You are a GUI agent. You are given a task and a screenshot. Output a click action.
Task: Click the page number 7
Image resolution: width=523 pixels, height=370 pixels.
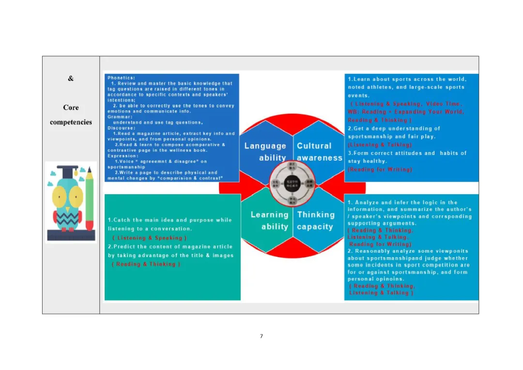tap(261, 336)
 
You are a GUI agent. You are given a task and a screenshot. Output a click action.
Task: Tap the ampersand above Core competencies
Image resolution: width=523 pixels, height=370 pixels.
tap(71, 78)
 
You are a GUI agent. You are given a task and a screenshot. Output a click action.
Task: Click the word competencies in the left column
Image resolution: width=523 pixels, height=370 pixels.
tap(71, 122)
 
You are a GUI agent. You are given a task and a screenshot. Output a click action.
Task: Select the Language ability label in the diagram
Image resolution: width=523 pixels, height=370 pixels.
tap(265, 152)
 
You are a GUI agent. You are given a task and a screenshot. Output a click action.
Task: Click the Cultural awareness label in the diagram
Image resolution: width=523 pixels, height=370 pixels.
tap(319, 152)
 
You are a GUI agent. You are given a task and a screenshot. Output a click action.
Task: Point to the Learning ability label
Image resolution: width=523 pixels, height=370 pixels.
tap(269, 220)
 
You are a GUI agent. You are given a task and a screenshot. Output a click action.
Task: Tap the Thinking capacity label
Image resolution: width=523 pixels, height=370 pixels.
tap(316, 220)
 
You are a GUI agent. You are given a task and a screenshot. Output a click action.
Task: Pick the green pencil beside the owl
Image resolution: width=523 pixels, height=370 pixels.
tap(90, 199)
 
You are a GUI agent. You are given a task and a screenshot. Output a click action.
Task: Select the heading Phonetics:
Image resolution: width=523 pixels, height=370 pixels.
tap(122, 77)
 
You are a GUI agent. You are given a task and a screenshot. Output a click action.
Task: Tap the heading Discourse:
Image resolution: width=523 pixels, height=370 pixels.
tap(122, 128)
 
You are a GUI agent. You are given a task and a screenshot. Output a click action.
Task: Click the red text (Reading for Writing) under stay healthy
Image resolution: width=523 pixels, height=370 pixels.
tap(380, 170)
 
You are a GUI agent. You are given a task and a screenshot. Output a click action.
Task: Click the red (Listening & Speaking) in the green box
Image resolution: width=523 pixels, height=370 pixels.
tap(149, 238)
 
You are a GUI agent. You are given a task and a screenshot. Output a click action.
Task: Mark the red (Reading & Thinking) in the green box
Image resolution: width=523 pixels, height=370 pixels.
tap(148, 264)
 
